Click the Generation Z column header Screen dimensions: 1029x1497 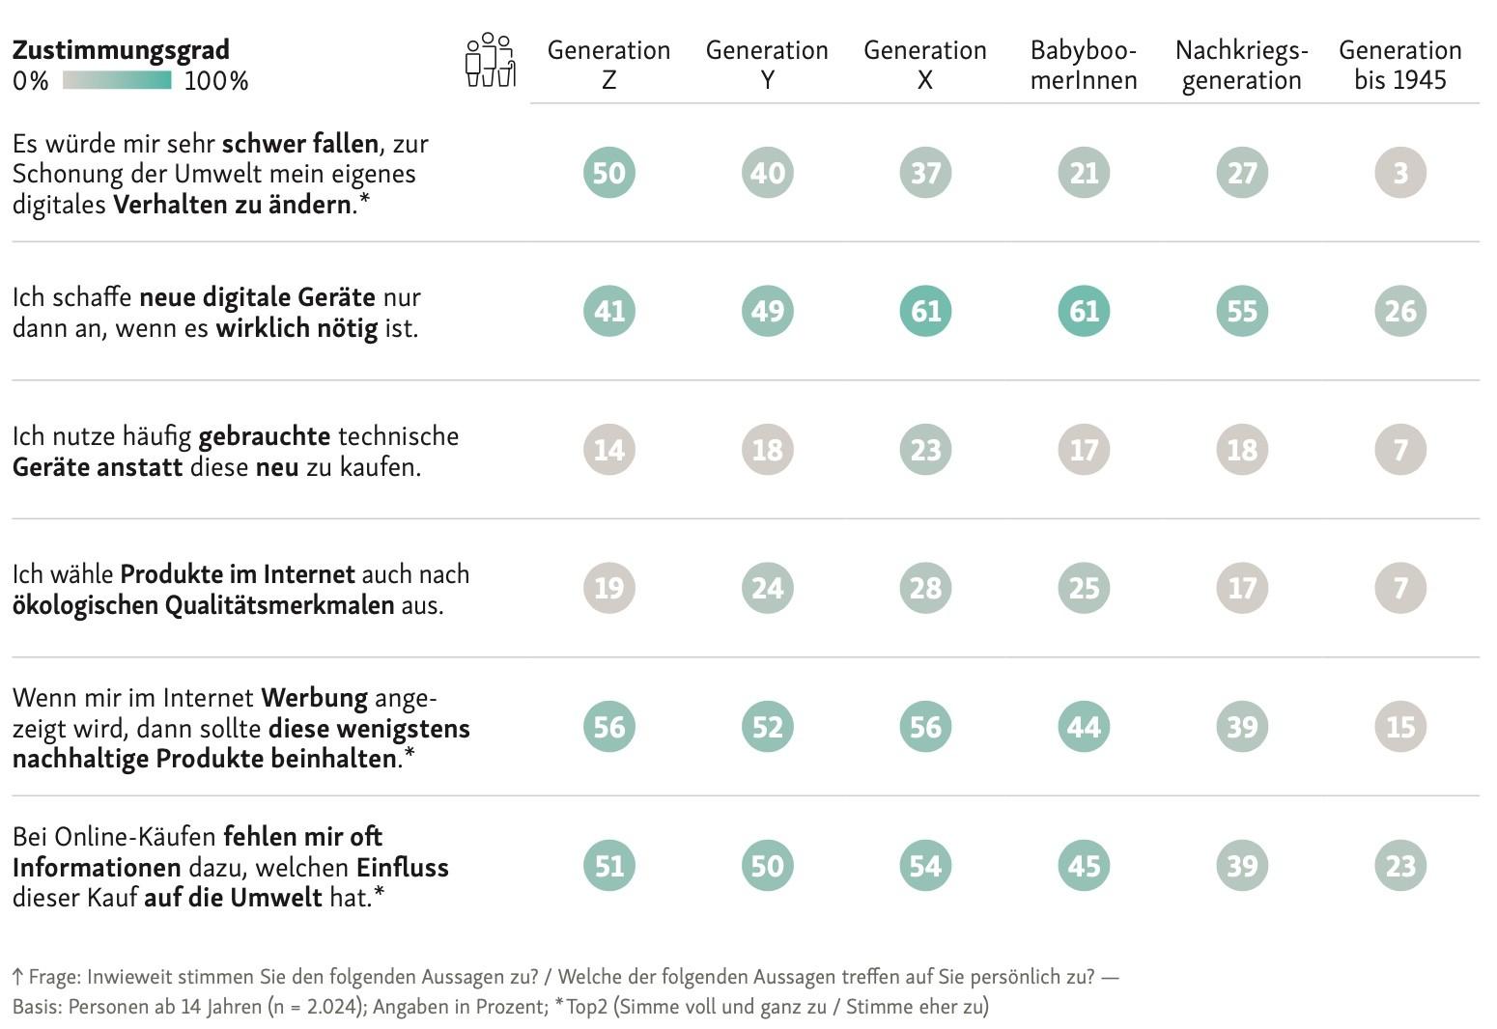pos(608,65)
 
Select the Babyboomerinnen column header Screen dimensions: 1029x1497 pos(1083,65)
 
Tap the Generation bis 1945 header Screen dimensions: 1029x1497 pos(1399,65)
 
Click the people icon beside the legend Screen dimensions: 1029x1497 pos(490,60)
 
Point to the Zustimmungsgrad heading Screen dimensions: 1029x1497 pos(121,49)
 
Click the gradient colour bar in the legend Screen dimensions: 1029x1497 pos(117,80)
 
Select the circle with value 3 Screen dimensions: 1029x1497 pos(1399,173)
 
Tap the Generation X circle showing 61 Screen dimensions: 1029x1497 pos(925,311)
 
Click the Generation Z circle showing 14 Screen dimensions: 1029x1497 pos(608,450)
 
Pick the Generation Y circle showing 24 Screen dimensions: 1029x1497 pos(767,588)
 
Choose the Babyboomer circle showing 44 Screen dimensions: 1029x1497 pos(1084,727)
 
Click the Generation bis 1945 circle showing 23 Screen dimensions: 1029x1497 pos(1399,866)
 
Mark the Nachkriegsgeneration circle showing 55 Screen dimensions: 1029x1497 pos(1242,311)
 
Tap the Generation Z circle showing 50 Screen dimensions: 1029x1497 pos(608,173)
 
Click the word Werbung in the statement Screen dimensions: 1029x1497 pos(314,697)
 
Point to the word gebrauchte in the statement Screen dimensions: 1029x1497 pos(265,435)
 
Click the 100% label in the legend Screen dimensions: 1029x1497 pos(216,81)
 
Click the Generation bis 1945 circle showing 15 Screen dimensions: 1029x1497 pos(1399,727)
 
